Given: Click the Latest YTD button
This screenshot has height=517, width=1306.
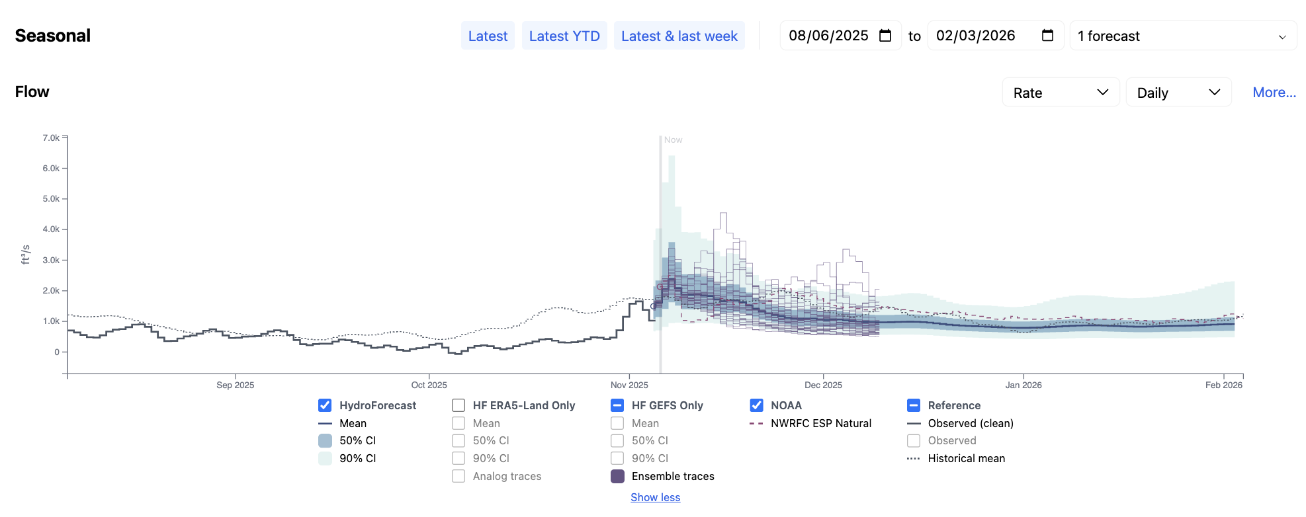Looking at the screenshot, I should [564, 36].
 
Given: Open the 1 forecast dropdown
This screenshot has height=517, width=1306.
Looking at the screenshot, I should [1182, 36].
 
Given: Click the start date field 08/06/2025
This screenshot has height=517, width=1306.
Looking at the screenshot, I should [828, 36].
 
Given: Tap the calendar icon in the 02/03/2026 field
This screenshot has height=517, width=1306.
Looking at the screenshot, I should [1047, 36].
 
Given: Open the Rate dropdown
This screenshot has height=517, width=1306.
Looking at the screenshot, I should [1060, 93].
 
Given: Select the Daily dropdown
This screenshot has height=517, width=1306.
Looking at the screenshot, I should [1178, 93].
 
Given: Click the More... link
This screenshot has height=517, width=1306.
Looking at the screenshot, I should [1274, 93].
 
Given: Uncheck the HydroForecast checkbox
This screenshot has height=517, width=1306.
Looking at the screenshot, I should [325, 405].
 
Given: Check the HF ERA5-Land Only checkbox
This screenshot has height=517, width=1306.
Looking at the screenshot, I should [458, 405].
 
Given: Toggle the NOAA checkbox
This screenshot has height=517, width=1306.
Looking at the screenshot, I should [756, 405].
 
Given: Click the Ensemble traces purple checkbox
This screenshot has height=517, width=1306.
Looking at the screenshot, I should [617, 476].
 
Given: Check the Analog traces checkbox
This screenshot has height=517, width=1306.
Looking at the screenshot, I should [458, 476].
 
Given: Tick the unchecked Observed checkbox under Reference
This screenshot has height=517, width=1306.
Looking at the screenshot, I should [914, 440].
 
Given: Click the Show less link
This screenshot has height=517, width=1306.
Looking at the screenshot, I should [655, 497].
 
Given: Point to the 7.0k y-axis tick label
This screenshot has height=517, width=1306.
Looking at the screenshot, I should [51, 138].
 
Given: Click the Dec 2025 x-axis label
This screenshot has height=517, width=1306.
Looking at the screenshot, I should [823, 385].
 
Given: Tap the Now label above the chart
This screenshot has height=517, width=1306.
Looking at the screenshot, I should [673, 140].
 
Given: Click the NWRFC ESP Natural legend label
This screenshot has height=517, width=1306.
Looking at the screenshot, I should [820, 423].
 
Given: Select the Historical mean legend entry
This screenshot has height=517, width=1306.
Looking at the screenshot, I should [966, 458].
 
